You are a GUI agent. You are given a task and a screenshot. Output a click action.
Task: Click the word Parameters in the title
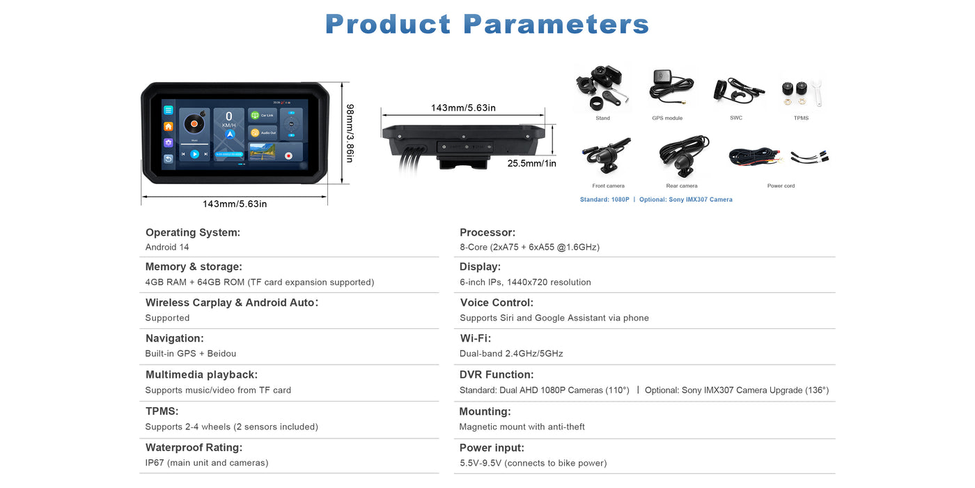click(556, 24)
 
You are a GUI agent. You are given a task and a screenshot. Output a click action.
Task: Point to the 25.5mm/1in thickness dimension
click(531, 163)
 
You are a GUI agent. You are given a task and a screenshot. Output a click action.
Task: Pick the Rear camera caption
click(681, 186)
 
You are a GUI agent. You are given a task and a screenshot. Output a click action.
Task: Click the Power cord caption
click(781, 186)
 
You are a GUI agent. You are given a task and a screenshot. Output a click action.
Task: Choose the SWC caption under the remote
click(736, 118)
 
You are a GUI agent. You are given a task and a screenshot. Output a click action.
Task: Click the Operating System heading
click(192, 233)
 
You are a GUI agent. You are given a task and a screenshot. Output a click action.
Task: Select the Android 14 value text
click(167, 247)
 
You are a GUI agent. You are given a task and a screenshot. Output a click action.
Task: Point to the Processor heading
click(487, 233)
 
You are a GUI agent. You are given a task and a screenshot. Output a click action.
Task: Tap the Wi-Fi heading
click(476, 339)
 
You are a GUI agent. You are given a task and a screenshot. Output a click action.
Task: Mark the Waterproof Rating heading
click(194, 448)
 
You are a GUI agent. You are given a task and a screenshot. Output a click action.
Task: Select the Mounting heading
click(485, 411)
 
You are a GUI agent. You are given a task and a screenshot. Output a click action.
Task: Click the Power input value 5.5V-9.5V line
click(533, 463)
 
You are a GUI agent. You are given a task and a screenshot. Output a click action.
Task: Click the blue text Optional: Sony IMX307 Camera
click(685, 199)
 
